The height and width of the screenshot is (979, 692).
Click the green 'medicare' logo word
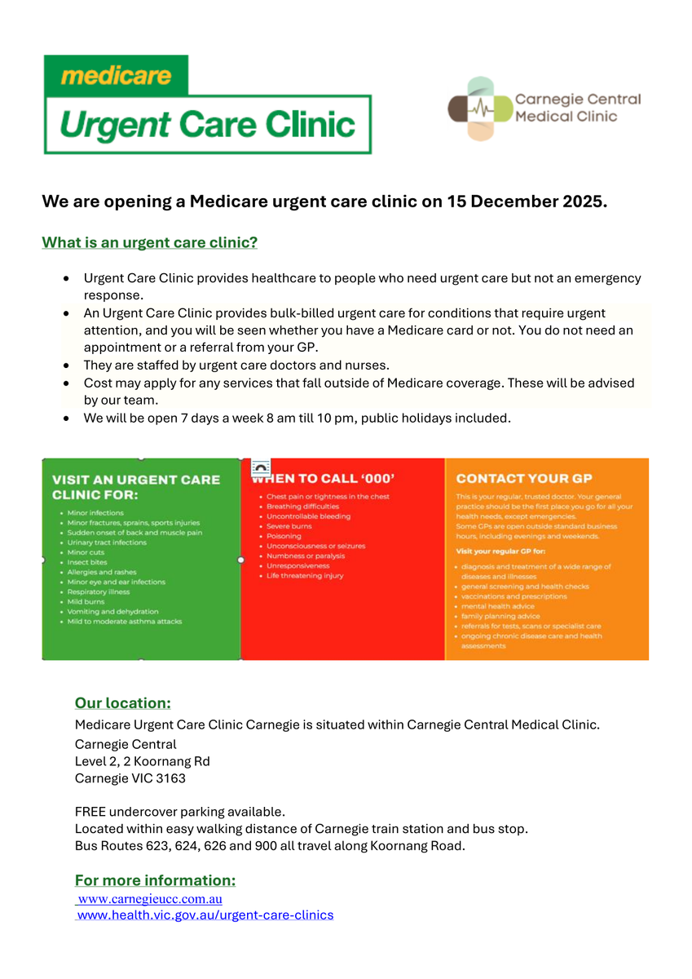click(x=116, y=76)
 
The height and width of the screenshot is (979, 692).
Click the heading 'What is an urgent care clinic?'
click(x=150, y=243)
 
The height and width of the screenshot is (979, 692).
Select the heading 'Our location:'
click(x=123, y=703)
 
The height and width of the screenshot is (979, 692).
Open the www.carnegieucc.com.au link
click(x=150, y=899)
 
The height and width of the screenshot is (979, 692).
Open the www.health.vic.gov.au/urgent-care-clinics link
click(x=205, y=915)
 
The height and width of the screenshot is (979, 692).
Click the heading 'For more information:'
click(x=155, y=880)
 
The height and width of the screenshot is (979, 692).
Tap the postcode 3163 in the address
click(x=171, y=778)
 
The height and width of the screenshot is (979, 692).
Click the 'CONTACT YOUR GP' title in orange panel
click(x=524, y=479)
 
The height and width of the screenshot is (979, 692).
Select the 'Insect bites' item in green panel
click(x=87, y=562)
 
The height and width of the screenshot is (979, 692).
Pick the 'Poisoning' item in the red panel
click(x=284, y=536)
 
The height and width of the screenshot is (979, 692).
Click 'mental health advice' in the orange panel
click(x=498, y=606)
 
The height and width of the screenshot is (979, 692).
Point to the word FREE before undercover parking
click(x=90, y=812)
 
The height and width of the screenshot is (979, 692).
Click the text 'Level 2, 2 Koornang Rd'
click(x=142, y=761)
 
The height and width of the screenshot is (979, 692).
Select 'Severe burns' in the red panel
click(x=289, y=526)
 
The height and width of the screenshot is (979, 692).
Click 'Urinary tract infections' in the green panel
click(x=107, y=543)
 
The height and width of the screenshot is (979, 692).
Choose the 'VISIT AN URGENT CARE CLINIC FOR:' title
click(x=135, y=487)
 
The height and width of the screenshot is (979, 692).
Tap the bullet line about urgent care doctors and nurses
click(x=236, y=365)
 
